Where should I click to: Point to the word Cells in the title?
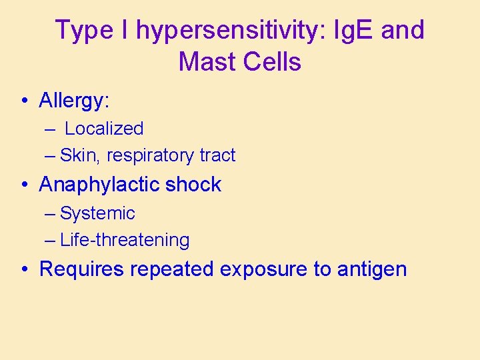(x=273, y=62)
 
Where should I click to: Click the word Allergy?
(x=74, y=101)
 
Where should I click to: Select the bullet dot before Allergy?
(x=24, y=101)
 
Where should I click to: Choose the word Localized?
(x=104, y=129)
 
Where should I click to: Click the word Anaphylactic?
(x=101, y=185)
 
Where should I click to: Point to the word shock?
(x=193, y=185)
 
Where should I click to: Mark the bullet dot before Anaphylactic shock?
(x=24, y=185)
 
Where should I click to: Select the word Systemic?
(x=97, y=213)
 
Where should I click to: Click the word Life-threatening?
(x=125, y=240)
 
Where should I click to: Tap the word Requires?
(x=83, y=269)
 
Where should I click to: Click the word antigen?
(x=372, y=269)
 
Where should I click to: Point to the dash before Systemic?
(x=51, y=214)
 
